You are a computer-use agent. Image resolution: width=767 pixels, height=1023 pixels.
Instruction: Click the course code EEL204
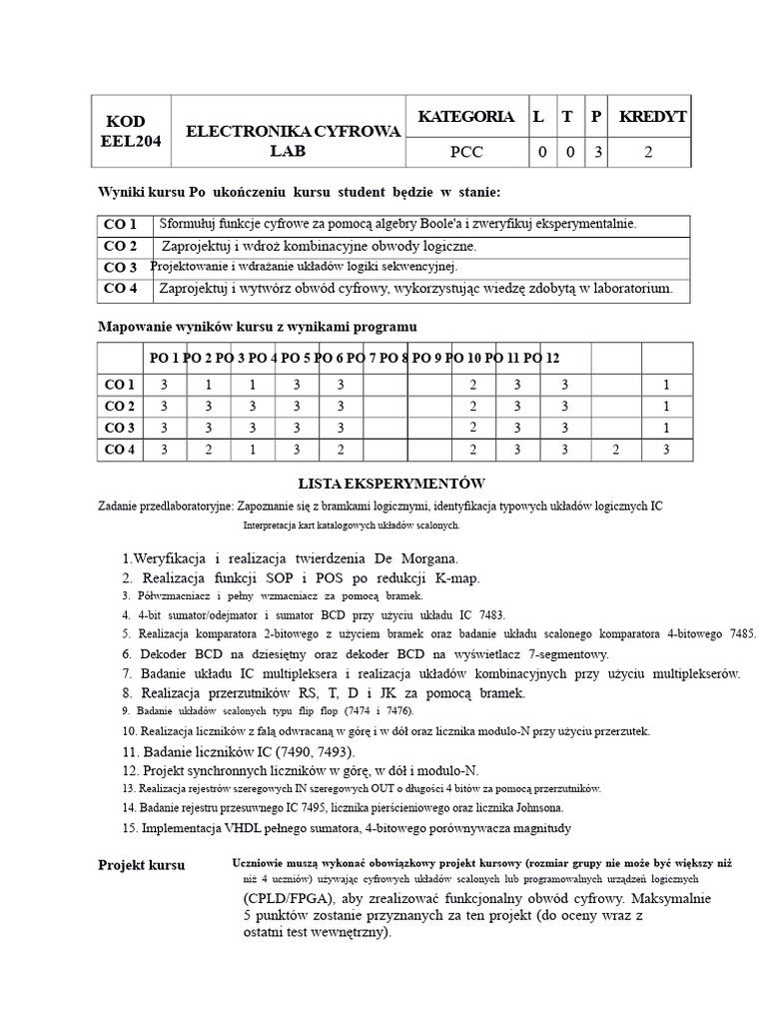coord(130,141)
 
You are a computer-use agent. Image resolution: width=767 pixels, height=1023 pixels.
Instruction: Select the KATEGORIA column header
coord(466,117)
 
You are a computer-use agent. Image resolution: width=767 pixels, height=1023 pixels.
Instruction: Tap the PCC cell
coord(466,153)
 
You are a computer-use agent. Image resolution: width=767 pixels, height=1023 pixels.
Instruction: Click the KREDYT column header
coord(652,117)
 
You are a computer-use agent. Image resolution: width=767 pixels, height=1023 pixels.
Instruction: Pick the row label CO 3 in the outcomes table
coord(121,268)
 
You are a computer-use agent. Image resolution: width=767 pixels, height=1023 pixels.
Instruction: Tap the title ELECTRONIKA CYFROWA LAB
coord(294,141)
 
